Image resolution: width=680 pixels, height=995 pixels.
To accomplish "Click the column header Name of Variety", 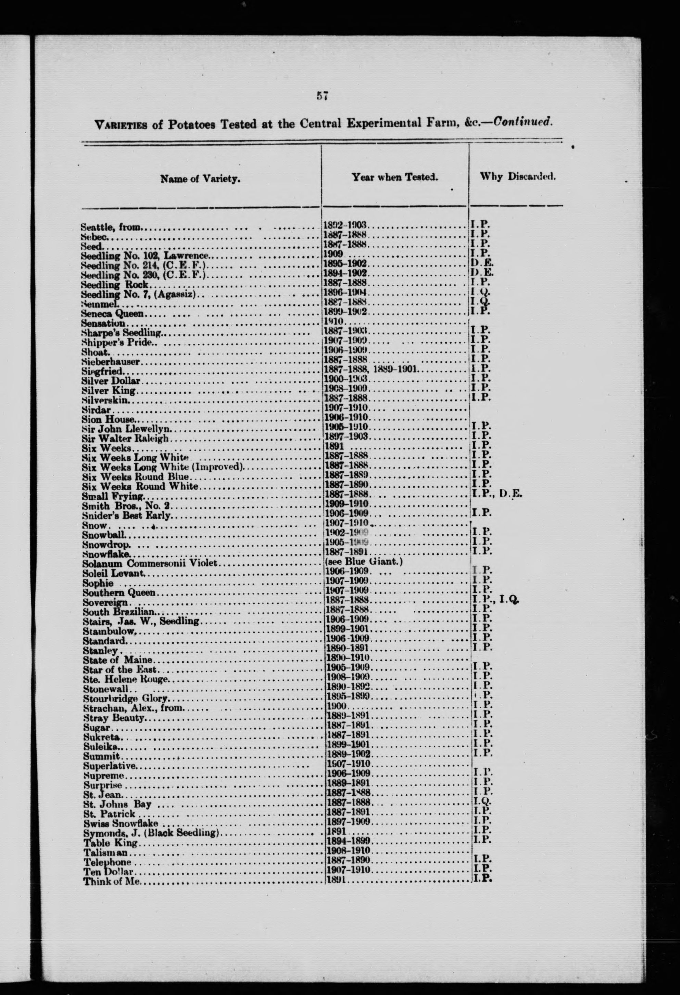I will pyautogui.click(x=200, y=179).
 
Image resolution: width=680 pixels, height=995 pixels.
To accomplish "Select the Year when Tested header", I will pyautogui.click(x=394, y=176).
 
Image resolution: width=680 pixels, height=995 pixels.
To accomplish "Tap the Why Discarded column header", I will pyautogui.click(x=518, y=176).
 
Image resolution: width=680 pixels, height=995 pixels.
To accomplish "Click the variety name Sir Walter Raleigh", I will pyautogui.click(x=125, y=439).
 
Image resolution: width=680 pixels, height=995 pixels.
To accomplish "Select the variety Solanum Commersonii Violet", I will pyautogui.click(x=150, y=563).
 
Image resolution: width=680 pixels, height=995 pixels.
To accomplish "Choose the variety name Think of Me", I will pyautogui.click(x=111, y=882).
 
